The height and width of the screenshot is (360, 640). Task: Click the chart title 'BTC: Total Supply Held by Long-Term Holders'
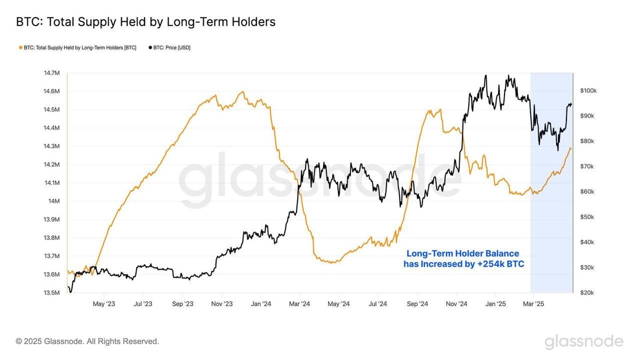[x=146, y=22]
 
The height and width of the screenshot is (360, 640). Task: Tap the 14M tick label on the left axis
[x=53, y=201]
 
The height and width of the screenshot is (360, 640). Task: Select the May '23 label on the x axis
[x=104, y=304]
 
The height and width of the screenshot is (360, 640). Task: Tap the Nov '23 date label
[x=222, y=304]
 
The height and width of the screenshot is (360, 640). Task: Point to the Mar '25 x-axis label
[x=533, y=304]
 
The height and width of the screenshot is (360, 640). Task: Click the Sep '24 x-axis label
[x=417, y=304]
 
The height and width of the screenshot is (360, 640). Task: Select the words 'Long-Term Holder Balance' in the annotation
[x=462, y=253]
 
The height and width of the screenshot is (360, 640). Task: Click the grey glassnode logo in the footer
[x=583, y=341]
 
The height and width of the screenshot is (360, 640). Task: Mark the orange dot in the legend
[x=21, y=47]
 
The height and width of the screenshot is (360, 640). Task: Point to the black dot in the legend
[x=150, y=47]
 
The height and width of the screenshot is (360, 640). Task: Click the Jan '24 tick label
[x=261, y=304]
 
